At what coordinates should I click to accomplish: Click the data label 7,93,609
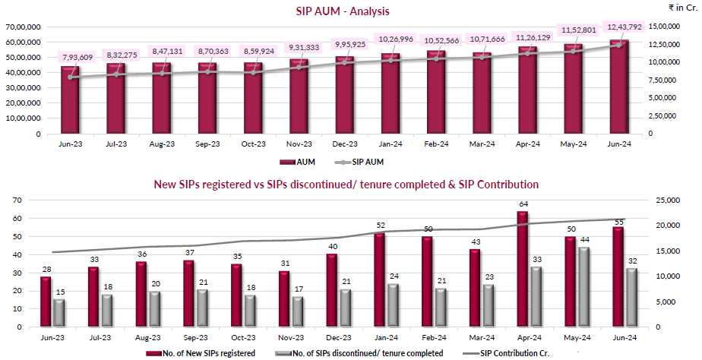78,58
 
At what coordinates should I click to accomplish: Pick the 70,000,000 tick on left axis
25,26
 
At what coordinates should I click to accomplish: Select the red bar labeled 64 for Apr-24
521,269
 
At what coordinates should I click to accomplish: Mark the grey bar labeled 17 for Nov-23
297,311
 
